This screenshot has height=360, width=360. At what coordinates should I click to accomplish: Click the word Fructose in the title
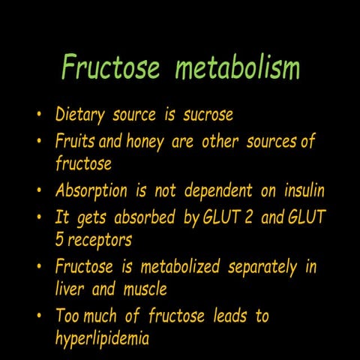[111, 67]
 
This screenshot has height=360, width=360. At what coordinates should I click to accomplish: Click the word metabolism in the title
[237, 67]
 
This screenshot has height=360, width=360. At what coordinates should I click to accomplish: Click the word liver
[70, 289]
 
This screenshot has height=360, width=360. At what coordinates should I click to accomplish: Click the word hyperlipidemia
[102, 339]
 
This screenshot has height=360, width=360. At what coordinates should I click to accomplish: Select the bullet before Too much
[38, 316]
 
